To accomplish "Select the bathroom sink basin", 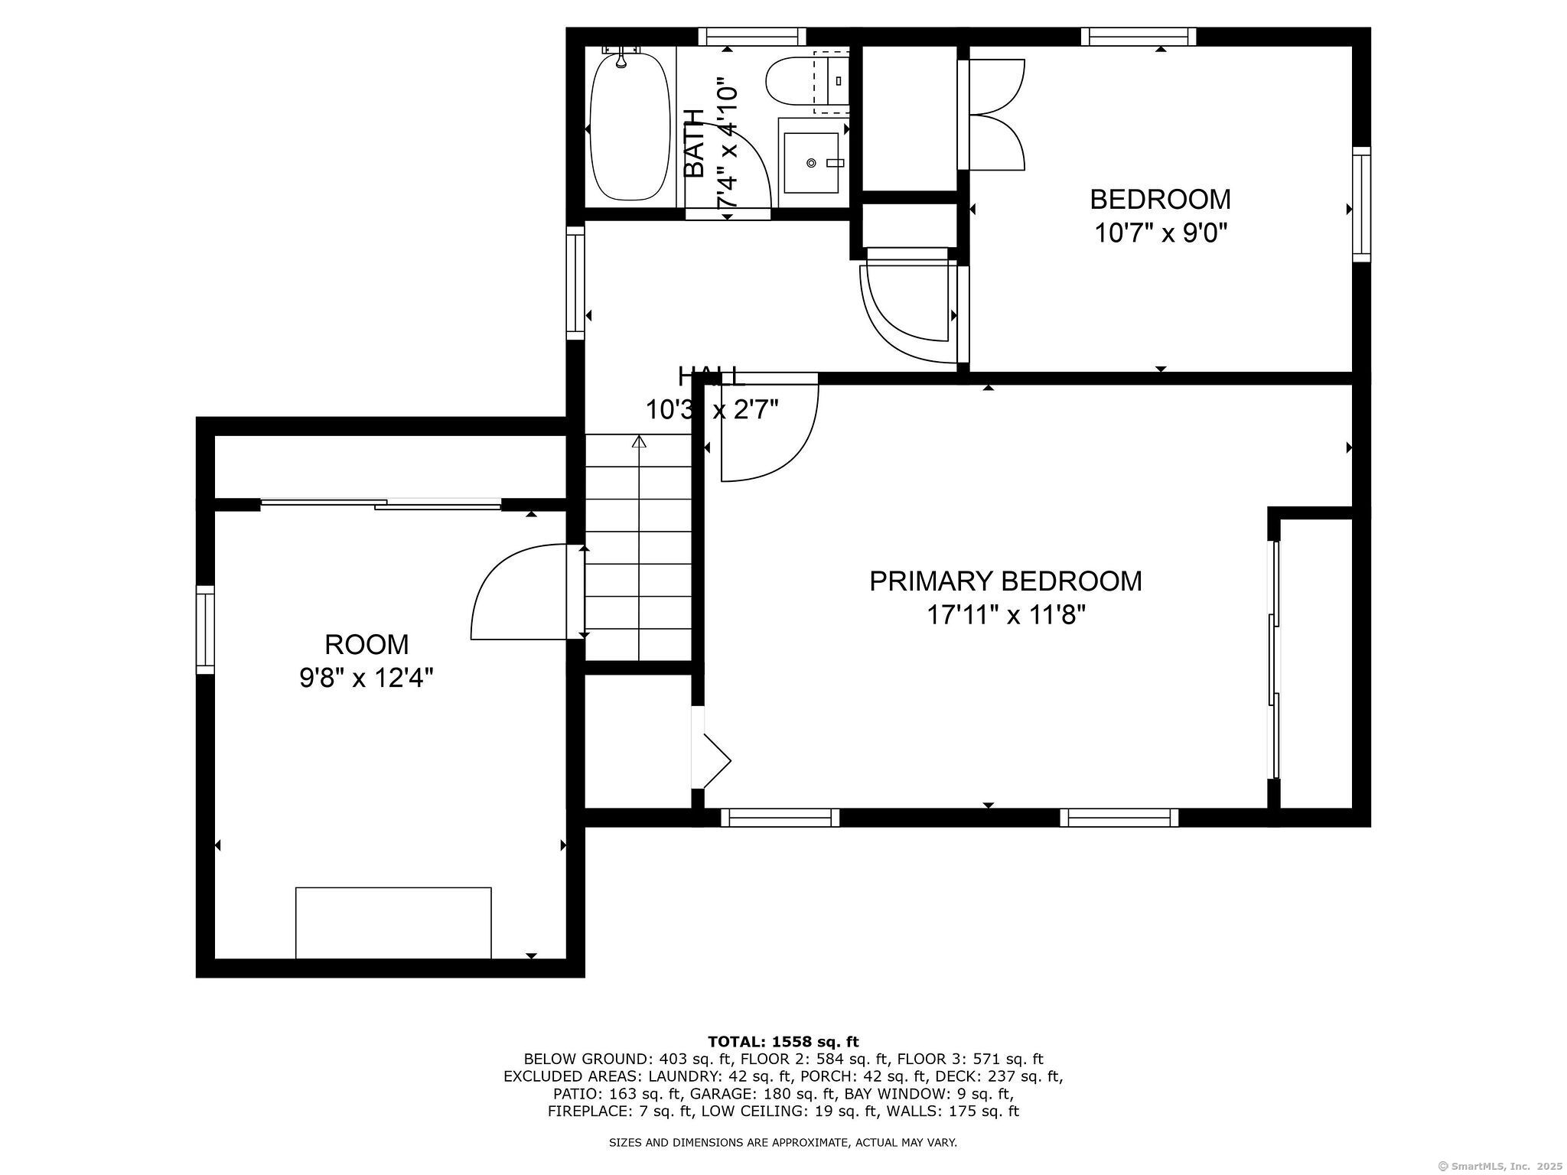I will (x=810, y=162).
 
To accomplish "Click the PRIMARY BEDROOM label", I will (x=1005, y=581).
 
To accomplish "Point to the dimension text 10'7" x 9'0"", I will (x=1160, y=232).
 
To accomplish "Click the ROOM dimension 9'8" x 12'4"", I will (x=367, y=678).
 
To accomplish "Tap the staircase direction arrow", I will (x=639, y=442).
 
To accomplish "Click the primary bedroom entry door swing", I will (x=765, y=432).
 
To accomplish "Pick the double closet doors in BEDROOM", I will (x=995, y=115).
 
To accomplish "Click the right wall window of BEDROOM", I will (x=1361, y=204).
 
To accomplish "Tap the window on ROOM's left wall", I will (x=205, y=630).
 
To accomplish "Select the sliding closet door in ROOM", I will (x=380, y=503).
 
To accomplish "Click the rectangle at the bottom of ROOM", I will (x=393, y=922).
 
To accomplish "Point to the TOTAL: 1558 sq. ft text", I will (x=783, y=1041).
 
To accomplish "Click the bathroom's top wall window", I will (x=752, y=36).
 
